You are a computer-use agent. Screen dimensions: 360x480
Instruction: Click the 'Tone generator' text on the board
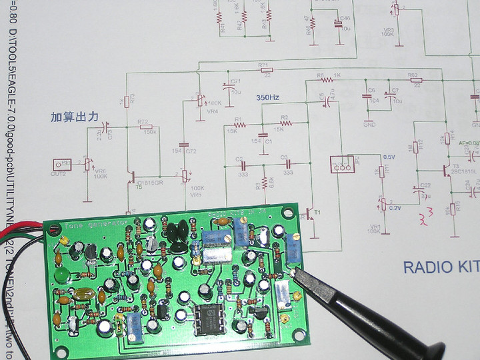[70, 225]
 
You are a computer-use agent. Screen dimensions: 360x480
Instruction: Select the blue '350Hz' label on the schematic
[267, 98]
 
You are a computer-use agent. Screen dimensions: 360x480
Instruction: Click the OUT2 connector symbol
[62, 163]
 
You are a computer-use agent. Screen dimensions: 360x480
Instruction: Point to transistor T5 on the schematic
[134, 179]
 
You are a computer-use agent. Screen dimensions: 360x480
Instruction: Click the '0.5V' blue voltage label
[389, 157]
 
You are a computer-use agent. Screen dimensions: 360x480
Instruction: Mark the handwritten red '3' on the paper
[421, 217]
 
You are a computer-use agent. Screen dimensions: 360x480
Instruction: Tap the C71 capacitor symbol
[225, 87]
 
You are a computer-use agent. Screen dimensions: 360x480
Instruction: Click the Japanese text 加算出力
[74, 117]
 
